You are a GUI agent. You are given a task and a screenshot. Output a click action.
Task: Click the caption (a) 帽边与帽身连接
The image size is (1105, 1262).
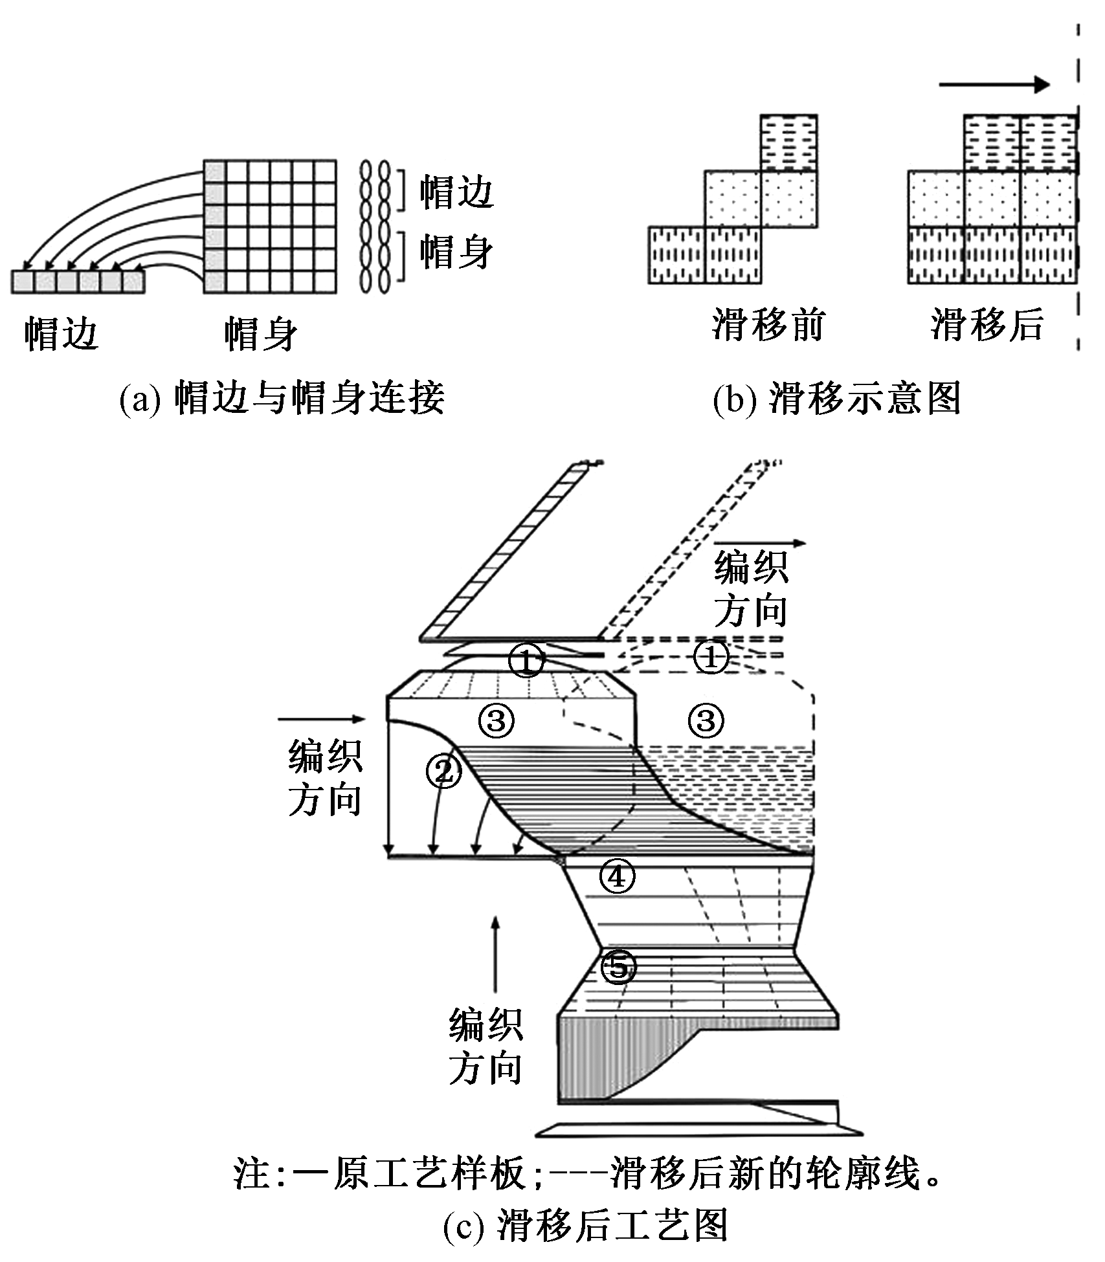(282, 397)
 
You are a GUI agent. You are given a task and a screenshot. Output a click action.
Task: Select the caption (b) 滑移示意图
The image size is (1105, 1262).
(836, 399)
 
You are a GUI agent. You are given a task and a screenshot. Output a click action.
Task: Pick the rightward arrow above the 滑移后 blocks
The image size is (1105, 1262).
(994, 84)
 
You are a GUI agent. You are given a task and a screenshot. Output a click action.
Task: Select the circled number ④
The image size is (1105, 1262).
(617, 878)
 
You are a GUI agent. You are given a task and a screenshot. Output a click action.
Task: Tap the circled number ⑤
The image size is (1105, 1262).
(618, 968)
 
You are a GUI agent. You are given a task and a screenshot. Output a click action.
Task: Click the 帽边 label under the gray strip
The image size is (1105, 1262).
(61, 335)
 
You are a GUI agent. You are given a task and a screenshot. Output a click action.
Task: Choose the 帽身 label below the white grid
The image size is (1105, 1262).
(261, 335)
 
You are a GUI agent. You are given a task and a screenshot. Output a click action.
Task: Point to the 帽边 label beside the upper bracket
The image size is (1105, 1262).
(456, 192)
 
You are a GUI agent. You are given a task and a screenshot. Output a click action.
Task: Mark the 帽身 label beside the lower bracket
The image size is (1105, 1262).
(456, 251)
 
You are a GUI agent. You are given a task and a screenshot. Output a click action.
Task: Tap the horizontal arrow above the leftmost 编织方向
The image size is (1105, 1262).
(322, 718)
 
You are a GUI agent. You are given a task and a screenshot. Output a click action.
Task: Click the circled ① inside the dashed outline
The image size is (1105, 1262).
(711, 658)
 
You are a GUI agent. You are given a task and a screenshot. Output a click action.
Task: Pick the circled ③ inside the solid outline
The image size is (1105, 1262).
(497, 720)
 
